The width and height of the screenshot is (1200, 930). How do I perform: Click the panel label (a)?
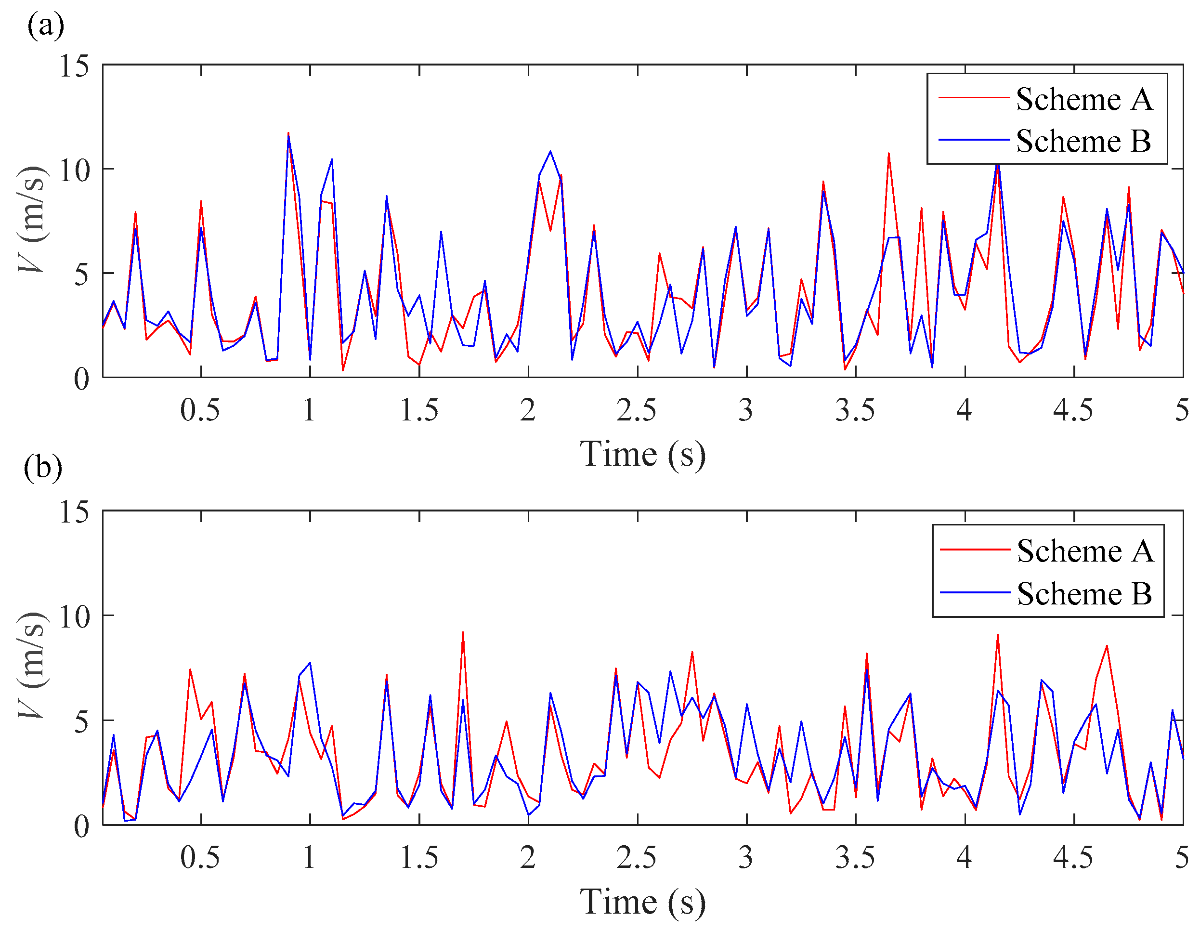(46, 25)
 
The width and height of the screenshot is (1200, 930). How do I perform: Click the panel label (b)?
(43, 468)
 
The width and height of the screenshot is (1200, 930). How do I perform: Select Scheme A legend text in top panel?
(1084, 100)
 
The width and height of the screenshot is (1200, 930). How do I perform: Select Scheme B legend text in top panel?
(1083, 141)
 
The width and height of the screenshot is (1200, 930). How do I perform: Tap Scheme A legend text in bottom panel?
(1085, 551)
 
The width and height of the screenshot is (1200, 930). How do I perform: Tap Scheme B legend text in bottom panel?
(1084, 594)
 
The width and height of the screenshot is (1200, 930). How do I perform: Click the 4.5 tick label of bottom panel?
(1072, 857)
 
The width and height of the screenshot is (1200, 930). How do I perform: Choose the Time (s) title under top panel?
(642, 455)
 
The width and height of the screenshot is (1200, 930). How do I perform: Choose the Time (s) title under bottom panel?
(642, 902)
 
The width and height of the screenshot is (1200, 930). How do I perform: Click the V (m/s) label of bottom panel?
(32, 665)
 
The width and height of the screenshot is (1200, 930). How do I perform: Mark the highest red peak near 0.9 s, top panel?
(288, 133)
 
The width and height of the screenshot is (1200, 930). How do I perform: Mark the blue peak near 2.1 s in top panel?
(550, 151)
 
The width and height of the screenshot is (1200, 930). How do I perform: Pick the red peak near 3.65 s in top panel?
(888, 154)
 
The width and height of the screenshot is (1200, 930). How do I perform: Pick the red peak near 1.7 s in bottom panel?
(463, 633)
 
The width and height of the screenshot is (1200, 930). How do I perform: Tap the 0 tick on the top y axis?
(81, 379)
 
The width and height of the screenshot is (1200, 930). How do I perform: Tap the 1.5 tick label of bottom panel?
(418, 857)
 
